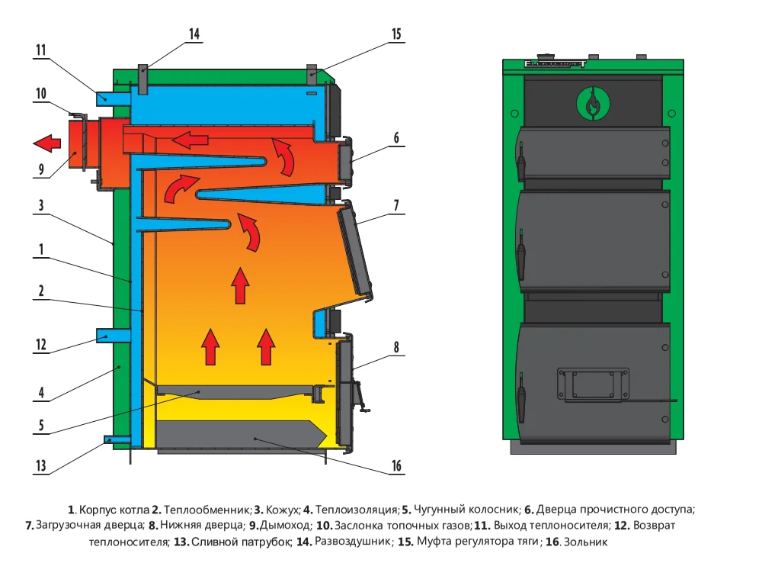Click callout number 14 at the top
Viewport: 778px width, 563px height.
pos(194,34)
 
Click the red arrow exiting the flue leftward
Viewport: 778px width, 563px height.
pos(48,143)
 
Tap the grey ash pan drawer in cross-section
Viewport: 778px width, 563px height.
pos(240,436)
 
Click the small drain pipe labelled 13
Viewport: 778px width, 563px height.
pos(115,439)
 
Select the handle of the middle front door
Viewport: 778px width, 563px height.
pos(522,259)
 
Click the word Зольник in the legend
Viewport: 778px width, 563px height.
pos(588,542)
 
